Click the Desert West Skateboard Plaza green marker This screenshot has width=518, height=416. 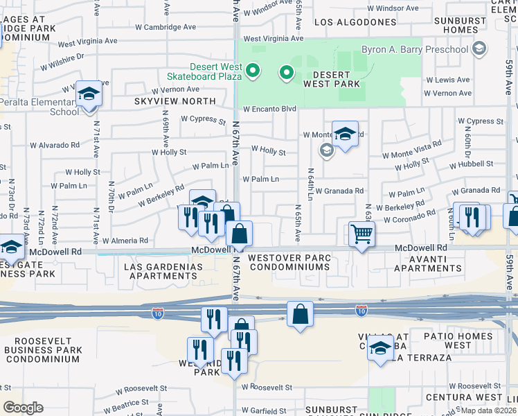coord(253,71)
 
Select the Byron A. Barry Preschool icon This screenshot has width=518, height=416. coord(479,49)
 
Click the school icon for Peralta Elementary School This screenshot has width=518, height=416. coord(89,94)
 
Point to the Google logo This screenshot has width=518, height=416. coord(23,407)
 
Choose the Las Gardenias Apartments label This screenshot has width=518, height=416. coord(163,271)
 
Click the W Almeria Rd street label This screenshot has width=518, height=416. coord(125,241)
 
